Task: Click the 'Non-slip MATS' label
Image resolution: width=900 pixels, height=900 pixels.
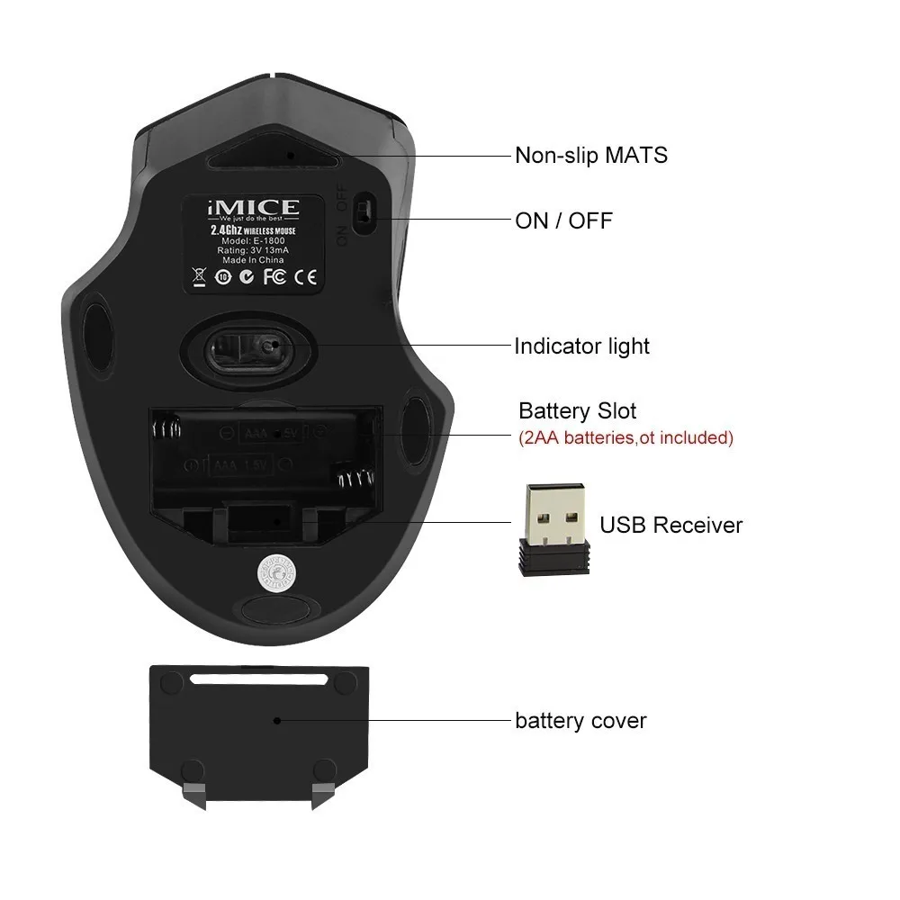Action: [590, 155]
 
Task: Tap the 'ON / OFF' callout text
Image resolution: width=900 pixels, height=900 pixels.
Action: [562, 220]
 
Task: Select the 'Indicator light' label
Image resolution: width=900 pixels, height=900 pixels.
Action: [581, 346]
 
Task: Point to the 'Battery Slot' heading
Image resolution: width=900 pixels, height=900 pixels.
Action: [577, 411]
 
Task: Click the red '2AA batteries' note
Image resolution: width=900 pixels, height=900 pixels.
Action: [625, 438]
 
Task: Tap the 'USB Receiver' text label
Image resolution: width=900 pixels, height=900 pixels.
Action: [670, 525]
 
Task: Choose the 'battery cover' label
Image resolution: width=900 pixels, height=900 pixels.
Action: [580, 721]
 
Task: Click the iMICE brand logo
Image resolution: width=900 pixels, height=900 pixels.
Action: [254, 211]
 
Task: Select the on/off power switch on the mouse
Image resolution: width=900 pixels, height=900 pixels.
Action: [362, 212]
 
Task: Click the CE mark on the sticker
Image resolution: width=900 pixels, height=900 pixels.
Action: [305, 277]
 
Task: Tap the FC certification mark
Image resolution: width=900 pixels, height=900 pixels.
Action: [274, 277]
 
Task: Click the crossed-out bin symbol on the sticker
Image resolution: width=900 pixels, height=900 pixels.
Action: [200, 276]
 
